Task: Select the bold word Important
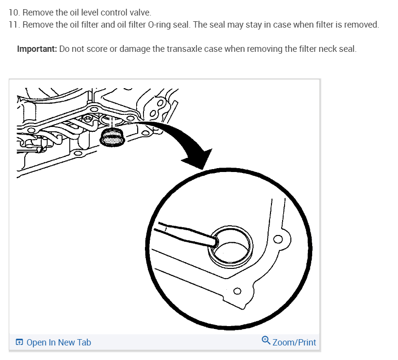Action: pos(36,49)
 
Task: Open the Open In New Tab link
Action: pos(58,343)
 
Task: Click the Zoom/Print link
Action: pos(294,343)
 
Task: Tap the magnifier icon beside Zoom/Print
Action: pos(266,341)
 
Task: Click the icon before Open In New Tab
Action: pos(19,343)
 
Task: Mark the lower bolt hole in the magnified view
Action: pos(237,291)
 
